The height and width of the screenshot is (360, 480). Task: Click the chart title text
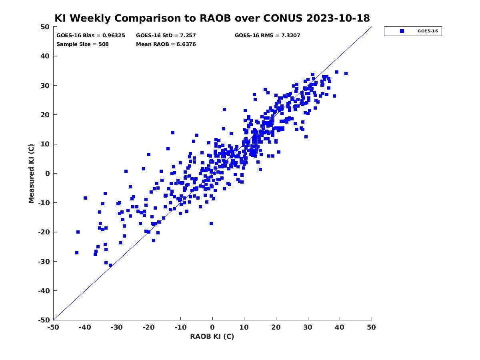[212, 18]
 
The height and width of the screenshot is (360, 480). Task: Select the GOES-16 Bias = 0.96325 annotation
[90, 36]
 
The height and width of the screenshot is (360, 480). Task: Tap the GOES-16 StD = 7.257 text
[166, 36]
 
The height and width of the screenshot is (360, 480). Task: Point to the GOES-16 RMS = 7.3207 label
[267, 36]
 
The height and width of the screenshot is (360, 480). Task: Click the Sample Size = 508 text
[82, 44]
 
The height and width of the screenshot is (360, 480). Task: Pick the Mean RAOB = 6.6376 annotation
[166, 44]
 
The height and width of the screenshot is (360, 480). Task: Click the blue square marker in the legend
[402, 31]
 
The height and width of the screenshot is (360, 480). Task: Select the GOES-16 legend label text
[428, 31]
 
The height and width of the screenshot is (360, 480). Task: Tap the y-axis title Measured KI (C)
[31, 173]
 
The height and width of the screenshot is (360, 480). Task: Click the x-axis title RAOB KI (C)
[212, 336]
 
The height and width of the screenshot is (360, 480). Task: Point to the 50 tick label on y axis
[45, 27]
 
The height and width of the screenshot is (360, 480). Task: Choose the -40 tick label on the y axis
[44, 291]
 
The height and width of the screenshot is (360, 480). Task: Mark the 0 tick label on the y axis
[48, 174]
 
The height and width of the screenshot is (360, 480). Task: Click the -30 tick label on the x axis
[117, 327]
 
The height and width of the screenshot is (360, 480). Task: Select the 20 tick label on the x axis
[276, 327]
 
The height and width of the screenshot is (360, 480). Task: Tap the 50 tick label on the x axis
[371, 327]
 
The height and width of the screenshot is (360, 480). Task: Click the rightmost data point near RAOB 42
[346, 74]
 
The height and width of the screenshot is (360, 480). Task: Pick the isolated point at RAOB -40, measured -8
[85, 198]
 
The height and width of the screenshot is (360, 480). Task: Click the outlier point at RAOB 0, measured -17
[211, 224]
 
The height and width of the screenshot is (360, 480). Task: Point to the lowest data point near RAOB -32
[110, 265]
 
